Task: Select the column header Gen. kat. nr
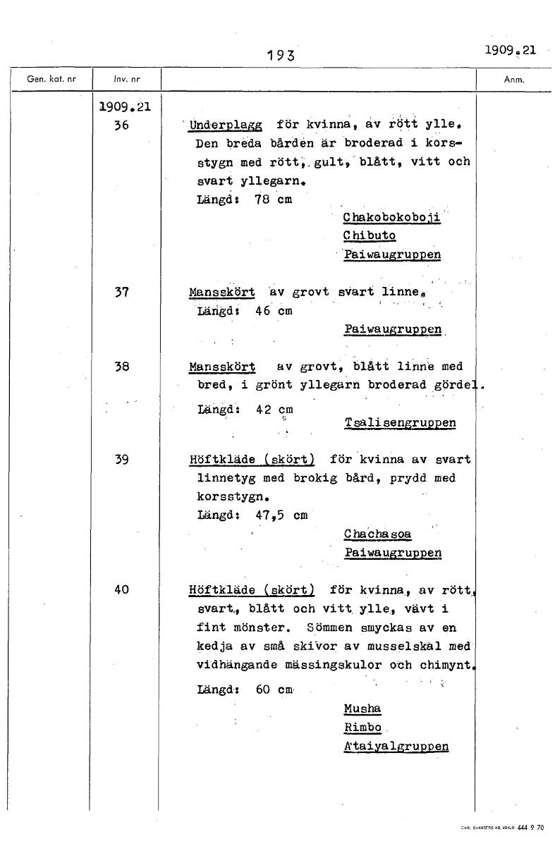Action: (x=47, y=80)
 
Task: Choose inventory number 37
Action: (x=121, y=291)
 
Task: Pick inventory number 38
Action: (x=121, y=367)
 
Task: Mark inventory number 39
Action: (x=121, y=460)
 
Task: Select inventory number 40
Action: (x=121, y=589)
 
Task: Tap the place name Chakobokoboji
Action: (x=391, y=217)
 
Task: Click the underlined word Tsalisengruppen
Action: (x=400, y=423)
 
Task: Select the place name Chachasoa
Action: (x=377, y=534)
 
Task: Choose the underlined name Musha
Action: (x=362, y=709)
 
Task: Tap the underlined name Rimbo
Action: (x=362, y=728)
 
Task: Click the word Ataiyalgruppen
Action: (x=396, y=747)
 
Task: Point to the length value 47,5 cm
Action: (x=281, y=515)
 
